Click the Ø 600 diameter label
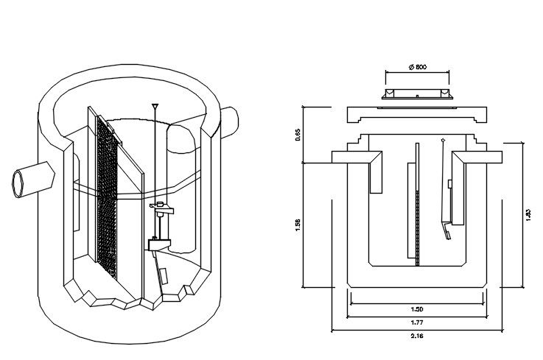coord(417,67)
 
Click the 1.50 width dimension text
coord(417,309)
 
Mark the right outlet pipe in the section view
coord(477,159)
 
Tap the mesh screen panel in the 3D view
coord(108,199)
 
